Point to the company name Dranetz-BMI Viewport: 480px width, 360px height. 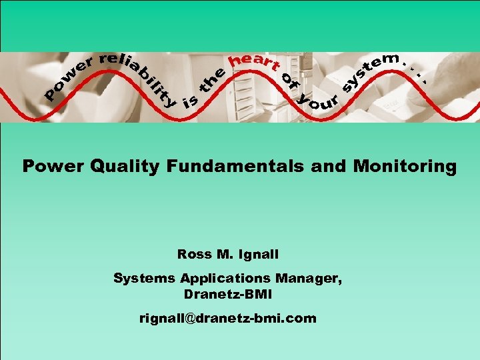pyautogui.click(x=227, y=294)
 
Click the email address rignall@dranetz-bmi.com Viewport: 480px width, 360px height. pyautogui.click(x=227, y=319)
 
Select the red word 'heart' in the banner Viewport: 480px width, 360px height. pyautogui.click(x=253, y=62)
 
